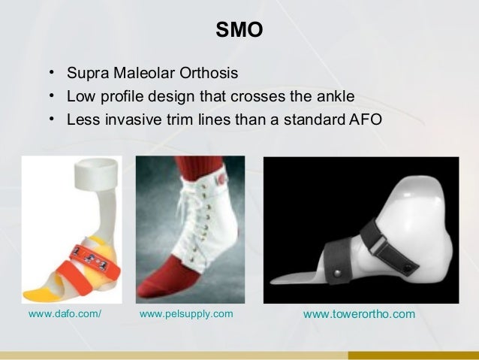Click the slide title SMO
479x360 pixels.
tap(239, 31)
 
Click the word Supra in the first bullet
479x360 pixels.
tap(86, 74)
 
